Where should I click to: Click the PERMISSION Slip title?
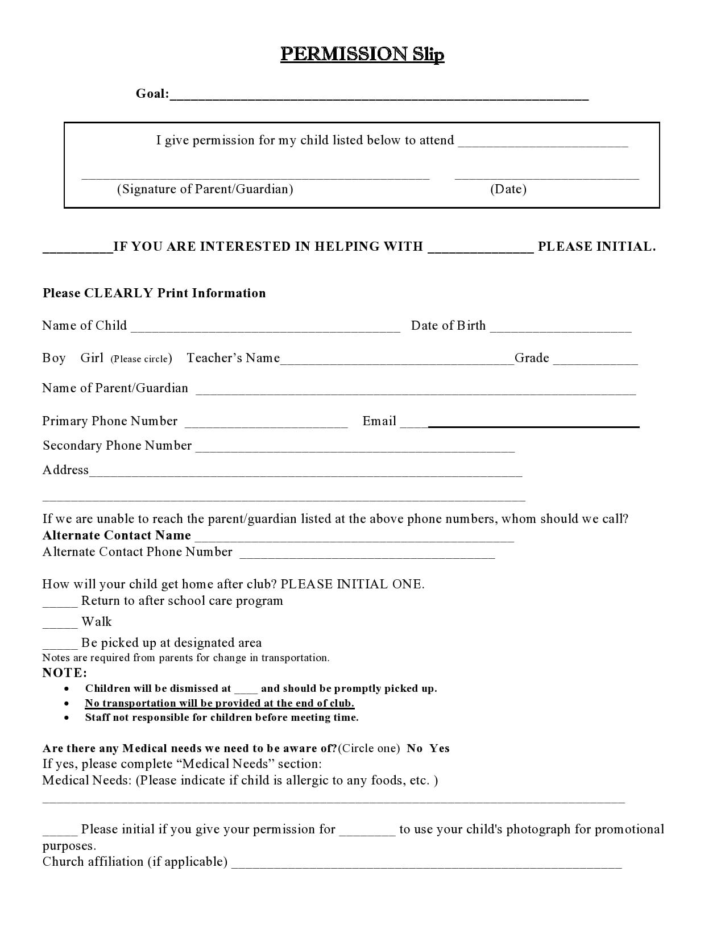pyautogui.click(x=362, y=54)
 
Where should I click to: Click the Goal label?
pyautogui.click(x=152, y=94)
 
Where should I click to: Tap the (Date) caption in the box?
pyautogui.click(x=508, y=189)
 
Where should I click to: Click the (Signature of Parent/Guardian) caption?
pyautogui.click(x=205, y=189)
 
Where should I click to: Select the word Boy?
pyautogui.click(x=54, y=358)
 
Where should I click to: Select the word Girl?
pyautogui.click(x=92, y=358)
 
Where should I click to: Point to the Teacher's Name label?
pyautogui.click(x=233, y=358)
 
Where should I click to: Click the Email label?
pyautogui.click(x=379, y=421)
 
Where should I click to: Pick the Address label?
pyautogui.click(x=65, y=470)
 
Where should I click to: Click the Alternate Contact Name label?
pyautogui.click(x=117, y=536)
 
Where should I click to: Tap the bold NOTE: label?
pyautogui.click(x=65, y=673)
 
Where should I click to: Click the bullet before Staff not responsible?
pyautogui.click(x=67, y=717)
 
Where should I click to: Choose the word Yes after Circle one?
pyautogui.click(x=440, y=749)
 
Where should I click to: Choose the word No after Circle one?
pyautogui.click(x=415, y=749)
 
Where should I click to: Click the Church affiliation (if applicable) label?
pyautogui.click(x=135, y=862)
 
